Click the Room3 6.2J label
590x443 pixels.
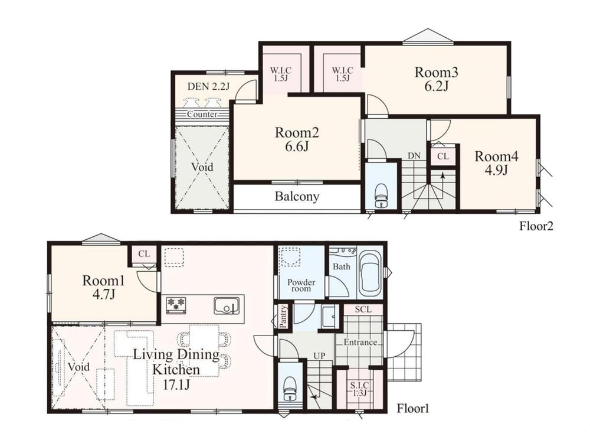click(x=436, y=79)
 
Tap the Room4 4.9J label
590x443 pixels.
click(x=496, y=163)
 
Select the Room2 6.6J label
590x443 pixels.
click(x=297, y=139)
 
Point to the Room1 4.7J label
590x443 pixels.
click(x=103, y=287)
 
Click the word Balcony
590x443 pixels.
click(x=297, y=196)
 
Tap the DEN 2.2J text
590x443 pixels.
click(x=208, y=86)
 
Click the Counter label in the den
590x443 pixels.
click(x=202, y=114)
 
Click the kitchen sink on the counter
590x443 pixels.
click(x=227, y=305)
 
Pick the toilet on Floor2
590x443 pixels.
click(x=381, y=196)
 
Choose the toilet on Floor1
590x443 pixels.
click(x=289, y=389)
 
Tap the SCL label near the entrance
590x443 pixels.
click(x=363, y=310)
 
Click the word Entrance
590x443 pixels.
click(x=360, y=343)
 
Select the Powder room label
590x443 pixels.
click(x=301, y=285)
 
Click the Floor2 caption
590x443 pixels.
click(x=536, y=226)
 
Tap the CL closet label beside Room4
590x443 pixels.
click(x=443, y=156)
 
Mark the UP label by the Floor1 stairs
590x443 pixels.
click(x=319, y=356)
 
